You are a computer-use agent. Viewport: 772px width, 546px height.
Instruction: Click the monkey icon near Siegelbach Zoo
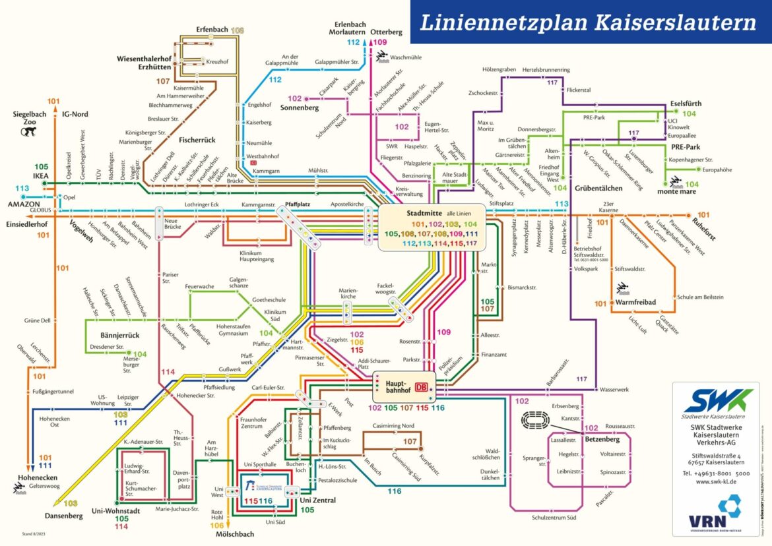coord(28,132)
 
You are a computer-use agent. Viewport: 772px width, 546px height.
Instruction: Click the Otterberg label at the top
coord(386,32)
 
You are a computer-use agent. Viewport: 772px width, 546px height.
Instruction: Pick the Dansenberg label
coord(64,516)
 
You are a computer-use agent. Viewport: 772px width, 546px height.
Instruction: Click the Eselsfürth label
coord(686,104)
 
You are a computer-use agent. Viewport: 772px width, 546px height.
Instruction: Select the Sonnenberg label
coord(300,107)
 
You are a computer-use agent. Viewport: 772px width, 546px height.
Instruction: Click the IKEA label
coord(42,177)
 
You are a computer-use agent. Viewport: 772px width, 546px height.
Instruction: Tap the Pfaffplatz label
coord(298,205)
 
